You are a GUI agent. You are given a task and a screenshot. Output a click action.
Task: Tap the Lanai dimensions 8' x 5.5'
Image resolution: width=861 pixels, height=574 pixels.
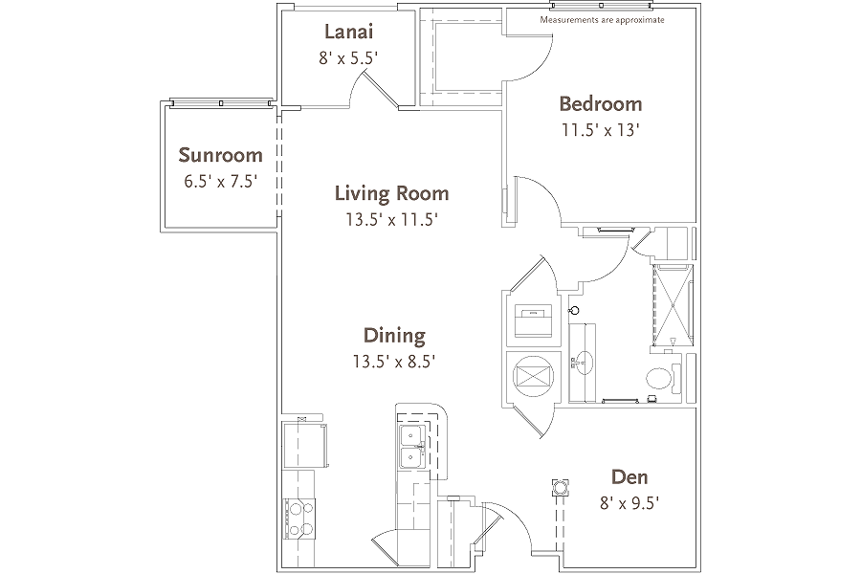click(x=348, y=57)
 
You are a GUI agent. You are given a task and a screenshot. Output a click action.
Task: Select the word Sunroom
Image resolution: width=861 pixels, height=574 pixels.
click(x=220, y=155)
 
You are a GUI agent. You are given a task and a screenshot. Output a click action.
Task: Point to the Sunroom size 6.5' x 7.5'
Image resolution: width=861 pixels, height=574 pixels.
click(x=220, y=182)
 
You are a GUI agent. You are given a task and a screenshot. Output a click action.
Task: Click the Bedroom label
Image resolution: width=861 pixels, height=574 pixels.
click(x=600, y=104)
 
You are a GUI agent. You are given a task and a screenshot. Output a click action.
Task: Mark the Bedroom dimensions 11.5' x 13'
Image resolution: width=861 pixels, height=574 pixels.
click(x=600, y=131)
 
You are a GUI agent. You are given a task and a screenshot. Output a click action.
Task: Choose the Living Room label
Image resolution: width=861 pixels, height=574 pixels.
click(x=391, y=193)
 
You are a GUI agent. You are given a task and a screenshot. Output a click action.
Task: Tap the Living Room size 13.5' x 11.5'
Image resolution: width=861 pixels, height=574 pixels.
click(x=391, y=220)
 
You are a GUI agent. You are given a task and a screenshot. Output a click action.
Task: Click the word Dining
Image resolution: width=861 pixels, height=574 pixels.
click(x=394, y=335)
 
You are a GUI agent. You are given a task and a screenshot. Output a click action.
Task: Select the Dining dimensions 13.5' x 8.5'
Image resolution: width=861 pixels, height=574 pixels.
click(x=394, y=362)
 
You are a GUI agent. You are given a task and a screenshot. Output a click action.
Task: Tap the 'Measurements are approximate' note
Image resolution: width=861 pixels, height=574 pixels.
click(x=602, y=20)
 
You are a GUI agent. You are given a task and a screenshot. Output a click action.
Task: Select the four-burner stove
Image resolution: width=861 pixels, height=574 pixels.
click(x=298, y=519)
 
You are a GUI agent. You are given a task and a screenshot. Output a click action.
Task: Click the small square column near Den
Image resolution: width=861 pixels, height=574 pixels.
click(x=558, y=487)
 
